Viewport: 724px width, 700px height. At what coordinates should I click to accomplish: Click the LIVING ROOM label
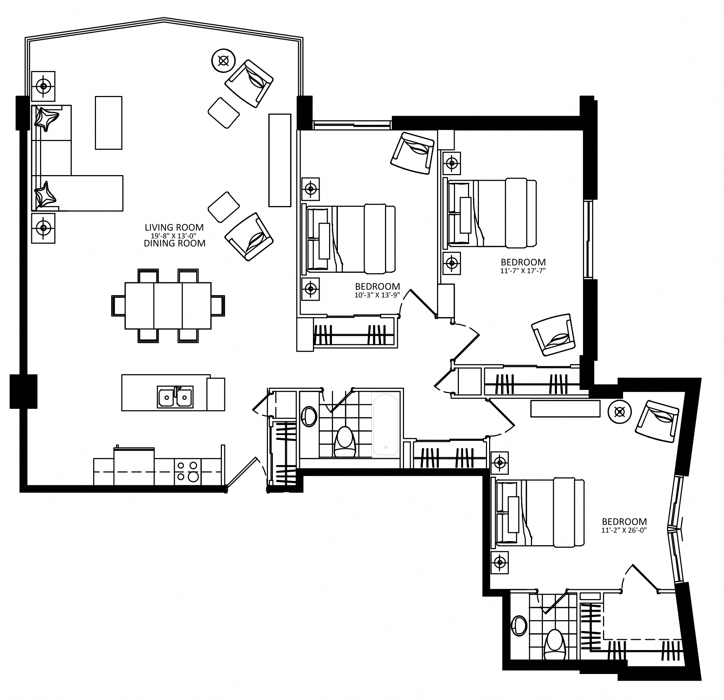(174, 227)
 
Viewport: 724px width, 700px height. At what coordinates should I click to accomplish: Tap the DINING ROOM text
(175, 243)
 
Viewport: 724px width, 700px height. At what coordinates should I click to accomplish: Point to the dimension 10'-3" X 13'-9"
(378, 295)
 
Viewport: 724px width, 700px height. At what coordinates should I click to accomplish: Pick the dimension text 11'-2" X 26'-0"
(624, 530)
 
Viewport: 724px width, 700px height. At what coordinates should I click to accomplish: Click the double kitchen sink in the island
(175, 397)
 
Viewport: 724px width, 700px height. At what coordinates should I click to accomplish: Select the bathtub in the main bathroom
(386, 425)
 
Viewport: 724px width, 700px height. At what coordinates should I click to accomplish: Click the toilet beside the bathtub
(345, 442)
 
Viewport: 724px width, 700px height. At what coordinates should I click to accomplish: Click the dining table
(168, 306)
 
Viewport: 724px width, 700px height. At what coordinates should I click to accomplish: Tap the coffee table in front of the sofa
(109, 123)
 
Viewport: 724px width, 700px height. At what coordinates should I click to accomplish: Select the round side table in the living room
(224, 60)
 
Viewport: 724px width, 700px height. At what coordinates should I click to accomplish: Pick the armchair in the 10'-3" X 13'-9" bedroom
(412, 153)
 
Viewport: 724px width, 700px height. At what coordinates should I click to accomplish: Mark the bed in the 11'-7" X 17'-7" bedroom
(492, 213)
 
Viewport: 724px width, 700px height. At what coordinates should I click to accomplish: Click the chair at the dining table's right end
(218, 306)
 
